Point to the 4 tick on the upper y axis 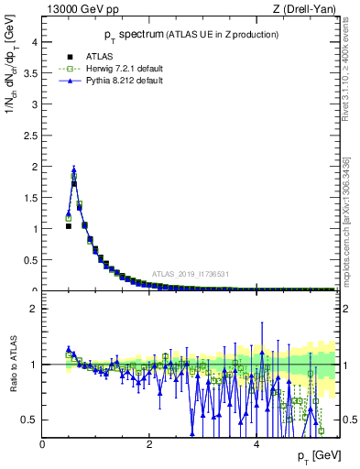(x=35, y=42)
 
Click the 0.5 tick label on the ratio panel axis (x=30, y=420)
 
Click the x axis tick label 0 (x=42, y=444)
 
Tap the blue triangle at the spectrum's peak (x=73, y=169)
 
